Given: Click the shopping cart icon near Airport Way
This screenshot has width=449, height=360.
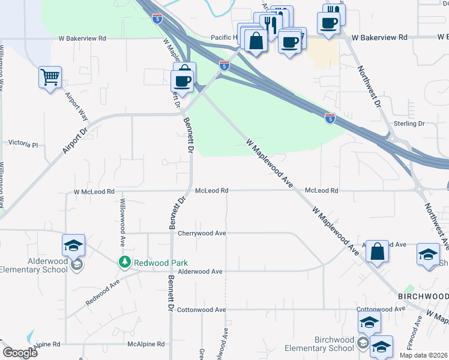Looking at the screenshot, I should pos(50,77).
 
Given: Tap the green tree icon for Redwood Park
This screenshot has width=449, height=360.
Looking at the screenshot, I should pos(125,262).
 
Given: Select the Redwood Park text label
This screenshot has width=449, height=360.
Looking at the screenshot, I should pos(161,263).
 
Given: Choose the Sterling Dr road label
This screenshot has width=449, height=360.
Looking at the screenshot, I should pos(409,124).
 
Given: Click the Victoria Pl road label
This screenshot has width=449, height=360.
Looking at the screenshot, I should pos(23,145).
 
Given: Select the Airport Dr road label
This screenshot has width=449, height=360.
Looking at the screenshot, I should pos(75,141).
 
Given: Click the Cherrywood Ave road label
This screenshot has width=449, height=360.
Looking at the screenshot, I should pos(202,233).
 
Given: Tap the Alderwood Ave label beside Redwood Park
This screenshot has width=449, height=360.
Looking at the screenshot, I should pos(200,271).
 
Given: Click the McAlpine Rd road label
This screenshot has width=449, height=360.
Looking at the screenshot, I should pos(146,344).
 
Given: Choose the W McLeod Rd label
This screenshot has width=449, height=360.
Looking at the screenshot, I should pos(94,192).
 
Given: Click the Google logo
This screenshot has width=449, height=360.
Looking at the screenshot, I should pos(20,353).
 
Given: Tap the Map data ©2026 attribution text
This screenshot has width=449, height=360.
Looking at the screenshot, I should pos(423,355).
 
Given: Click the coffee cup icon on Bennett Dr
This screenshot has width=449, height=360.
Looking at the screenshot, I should pos(182,80).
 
